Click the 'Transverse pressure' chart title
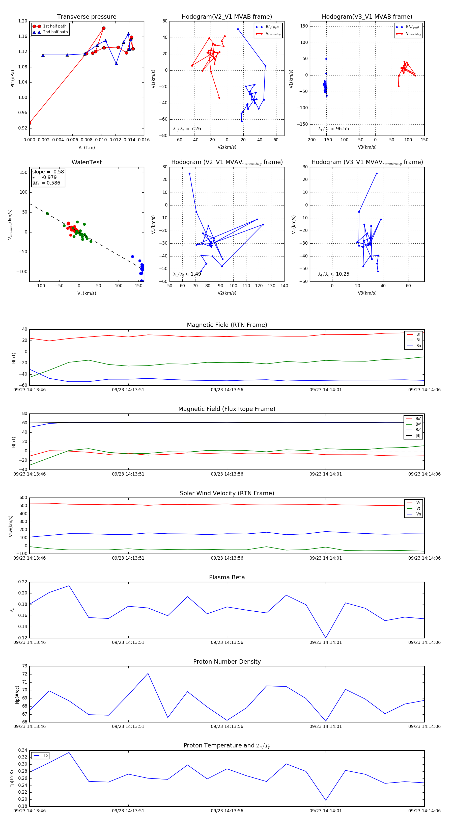[87, 17]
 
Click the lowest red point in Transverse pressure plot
[30, 123]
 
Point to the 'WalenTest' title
[87, 162]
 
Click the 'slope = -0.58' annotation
[48, 172]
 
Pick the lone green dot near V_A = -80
[47, 213]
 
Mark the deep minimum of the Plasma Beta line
[326, 638]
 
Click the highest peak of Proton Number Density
[148, 673]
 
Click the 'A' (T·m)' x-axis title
[87, 148]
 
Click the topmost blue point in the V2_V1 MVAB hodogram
[238, 29]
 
